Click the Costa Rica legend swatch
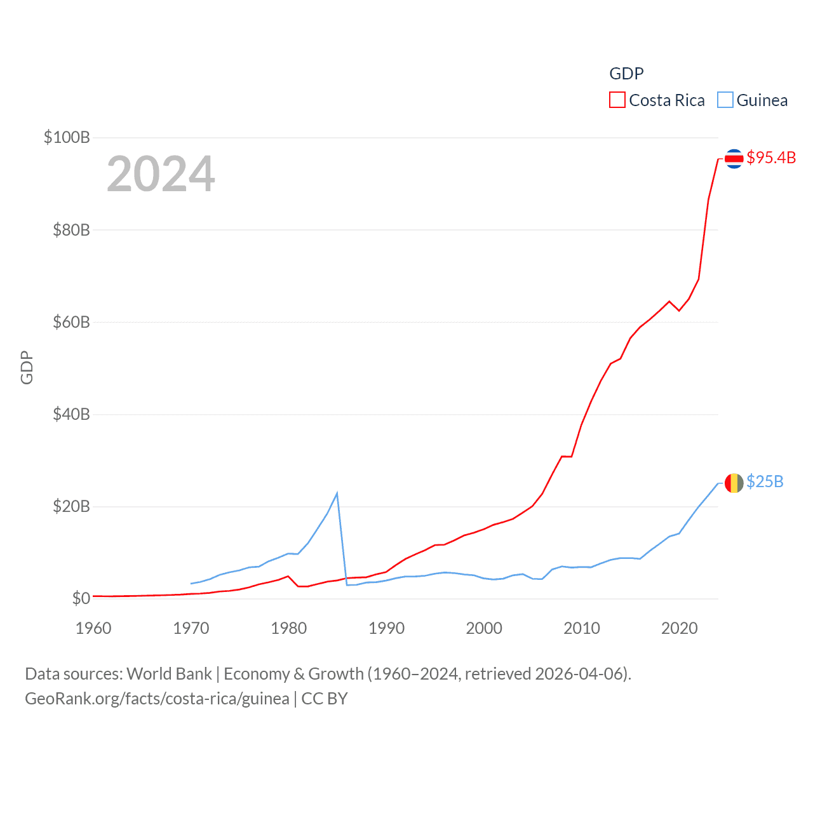pyautogui.click(x=617, y=100)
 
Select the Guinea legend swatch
pyautogui.click(x=725, y=100)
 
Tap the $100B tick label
pyautogui.click(x=67, y=137)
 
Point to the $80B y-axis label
pyautogui.click(x=71, y=230)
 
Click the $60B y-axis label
pyautogui.click(x=71, y=322)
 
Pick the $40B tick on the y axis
pyautogui.click(x=71, y=414)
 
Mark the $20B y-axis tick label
pyautogui.click(x=71, y=506)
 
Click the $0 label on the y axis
pyautogui.click(x=81, y=598)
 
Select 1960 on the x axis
pyautogui.click(x=93, y=628)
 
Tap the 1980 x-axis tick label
pyautogui.click(x=288, y=628)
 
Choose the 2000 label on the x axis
pyautogui.click(x=484, y=628)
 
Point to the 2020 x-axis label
pyautogui.click(x=679, y=628)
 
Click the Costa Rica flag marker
pyautogui.click(x=734, y=158)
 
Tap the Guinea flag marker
pyautogui.click(x=734, y=483)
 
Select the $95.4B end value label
pyautogui.click(x=771, y=158)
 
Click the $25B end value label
pyautogui.click(x=765, y=481)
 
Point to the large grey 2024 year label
pyautogui.click(x=161, y=174)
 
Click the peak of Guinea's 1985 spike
pyautogui.click(x=337, y=494)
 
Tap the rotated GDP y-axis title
pyautogui.click(x=27, y=367)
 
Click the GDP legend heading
pyautogui.click(x=626, y=74)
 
